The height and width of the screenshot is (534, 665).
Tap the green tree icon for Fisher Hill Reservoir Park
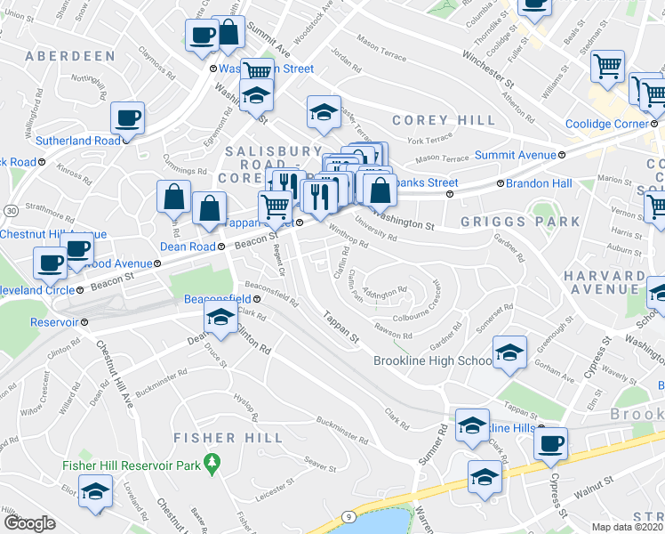coord(211,462)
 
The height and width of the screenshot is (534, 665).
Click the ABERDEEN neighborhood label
coord(71,56)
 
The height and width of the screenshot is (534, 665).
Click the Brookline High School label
coord(433,360)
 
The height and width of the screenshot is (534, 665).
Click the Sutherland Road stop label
coord(77,141)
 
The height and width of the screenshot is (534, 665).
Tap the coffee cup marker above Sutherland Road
coord(128,117)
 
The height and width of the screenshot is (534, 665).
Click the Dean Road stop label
coord(188,247)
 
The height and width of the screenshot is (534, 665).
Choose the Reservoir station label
coord(55,322)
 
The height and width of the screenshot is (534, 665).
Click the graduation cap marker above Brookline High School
coord(509,352)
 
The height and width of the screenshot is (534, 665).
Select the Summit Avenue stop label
coord(514,155)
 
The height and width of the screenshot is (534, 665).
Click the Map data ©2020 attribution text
coord(628,527)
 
